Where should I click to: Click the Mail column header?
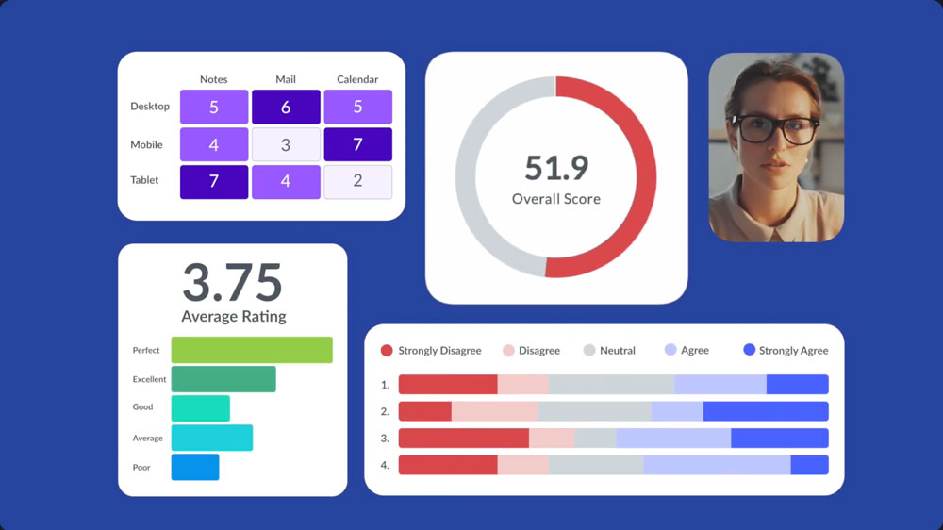click(x=286, y=79)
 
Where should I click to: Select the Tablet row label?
click(x=144, y=180)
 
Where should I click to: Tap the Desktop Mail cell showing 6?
click(x=286, y=108)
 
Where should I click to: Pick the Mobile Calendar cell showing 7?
click(x=357, y=145)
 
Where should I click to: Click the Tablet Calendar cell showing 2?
click(x=357, y=181)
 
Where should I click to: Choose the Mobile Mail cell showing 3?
click(x=286, y=145)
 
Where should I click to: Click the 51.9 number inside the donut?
click(x=556, y=168)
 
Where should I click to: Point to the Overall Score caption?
click(x=556, y=199)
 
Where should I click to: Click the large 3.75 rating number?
click(x=232, y=282)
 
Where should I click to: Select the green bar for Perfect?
click(x=252, y=350)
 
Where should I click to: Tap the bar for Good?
click(x=200, y=408)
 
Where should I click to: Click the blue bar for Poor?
click(x=195, y=467)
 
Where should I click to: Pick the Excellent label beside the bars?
click(x=149, y=379)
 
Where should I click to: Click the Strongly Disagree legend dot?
click(x=387, y=351)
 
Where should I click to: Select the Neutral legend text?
click(x=617, y=351)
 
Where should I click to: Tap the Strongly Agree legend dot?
click(x=750, y=350)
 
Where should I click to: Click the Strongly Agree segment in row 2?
click(x=766, y=411)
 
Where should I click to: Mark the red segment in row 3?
click(x=463, y=439)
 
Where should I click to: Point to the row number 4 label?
click(x=385, y=466)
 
